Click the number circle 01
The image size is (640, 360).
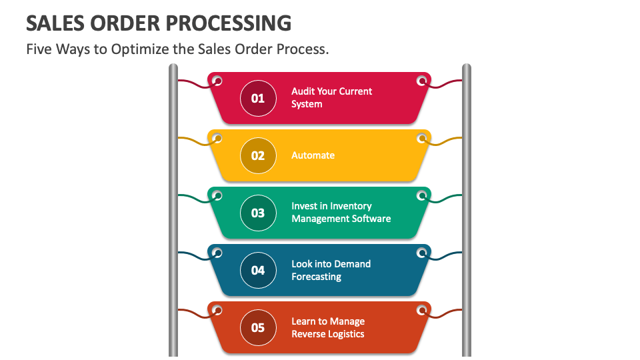click(x=258, y=99)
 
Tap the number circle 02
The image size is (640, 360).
click(x=258, y=155)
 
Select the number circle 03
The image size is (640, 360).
click(x=258, y=213)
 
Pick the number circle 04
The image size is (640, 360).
click(x=258, y=270)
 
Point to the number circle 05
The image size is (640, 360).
click(x=258, y=328)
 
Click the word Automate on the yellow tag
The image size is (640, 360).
click(x=313, y=155)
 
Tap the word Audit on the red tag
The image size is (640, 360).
click(x=303, y=91)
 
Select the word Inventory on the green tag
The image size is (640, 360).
click(x=351, y=206)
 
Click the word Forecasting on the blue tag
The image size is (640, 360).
click(x=316, y=277)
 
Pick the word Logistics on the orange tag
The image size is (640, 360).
click(x=346, y=334)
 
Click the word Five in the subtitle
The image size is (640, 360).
click(x=39, y=49)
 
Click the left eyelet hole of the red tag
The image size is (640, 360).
click(x=217, y=81)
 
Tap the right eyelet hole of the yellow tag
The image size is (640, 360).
click(x=421, y=139)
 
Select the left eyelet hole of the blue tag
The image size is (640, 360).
click(x=217, y=253)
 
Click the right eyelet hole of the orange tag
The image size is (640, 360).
click(x=421, y=310)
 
